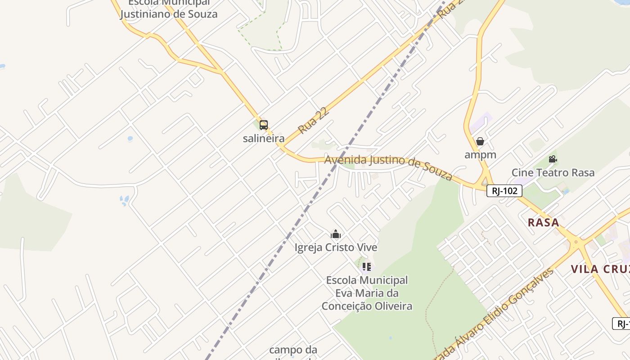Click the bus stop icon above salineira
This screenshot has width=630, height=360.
(x=264, y=125)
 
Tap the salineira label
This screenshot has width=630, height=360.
(x=264, y=138)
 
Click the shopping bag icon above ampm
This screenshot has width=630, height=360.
(x=480, y=142)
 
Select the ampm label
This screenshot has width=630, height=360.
(x=480, y=155)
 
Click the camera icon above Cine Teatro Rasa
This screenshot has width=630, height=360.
(x=553, y=159)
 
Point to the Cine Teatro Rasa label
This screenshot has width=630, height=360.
(x=553, y=172)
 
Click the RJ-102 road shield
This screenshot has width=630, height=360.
(x=504, y=191)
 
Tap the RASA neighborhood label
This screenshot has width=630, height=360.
(x=543, y=222)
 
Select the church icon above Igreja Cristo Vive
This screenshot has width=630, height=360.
(x=336, y=234)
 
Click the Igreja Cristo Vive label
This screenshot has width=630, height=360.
(x=336, y=247)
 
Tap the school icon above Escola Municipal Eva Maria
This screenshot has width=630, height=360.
(x=366, y=267)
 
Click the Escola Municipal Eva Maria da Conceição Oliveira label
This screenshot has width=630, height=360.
(x=367, y=293)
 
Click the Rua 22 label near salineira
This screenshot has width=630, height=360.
(x=314, y=120)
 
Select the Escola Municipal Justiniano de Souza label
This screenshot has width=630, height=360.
(x=169, y=9)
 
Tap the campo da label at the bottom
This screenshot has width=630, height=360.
(x=293, y=350)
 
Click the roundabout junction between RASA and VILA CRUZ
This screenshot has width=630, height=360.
(x=576, y=243)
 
